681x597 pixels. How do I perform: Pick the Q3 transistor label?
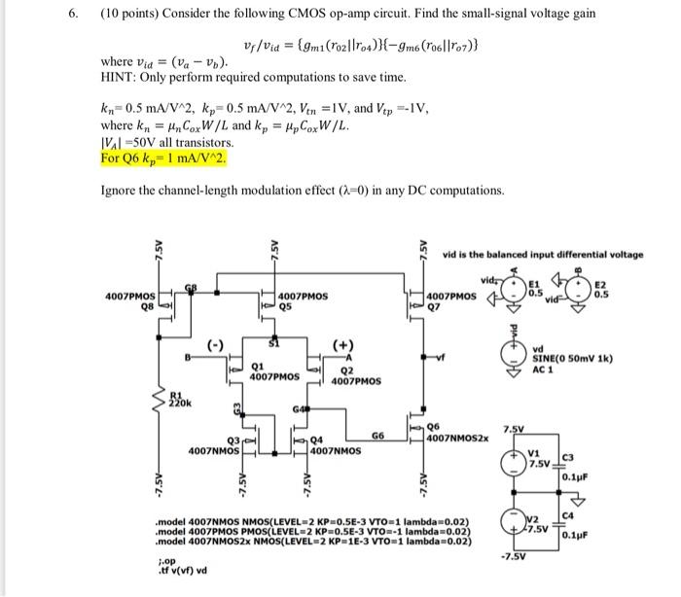tap(221, 439)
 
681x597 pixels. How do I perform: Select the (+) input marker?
tap(342, 344)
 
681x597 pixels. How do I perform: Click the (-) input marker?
tap(211, 344)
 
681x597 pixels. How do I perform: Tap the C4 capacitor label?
tap(566, 501)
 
